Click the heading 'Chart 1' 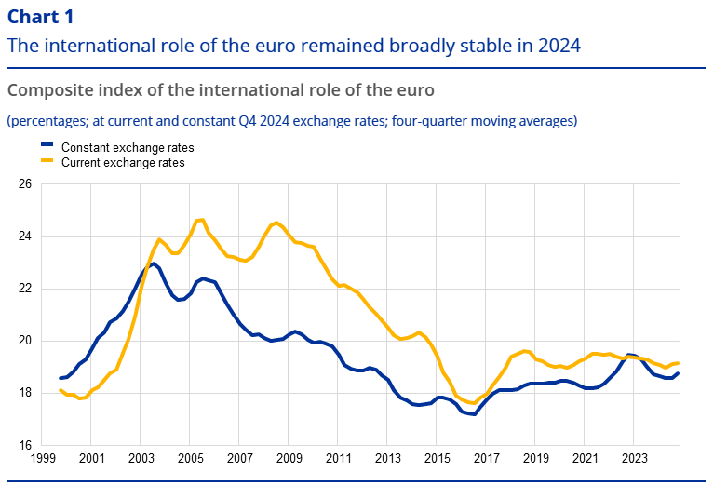[40, 17]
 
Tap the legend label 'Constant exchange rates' [128, 147]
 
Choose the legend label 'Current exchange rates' [123, 162]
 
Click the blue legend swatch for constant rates [47, 147]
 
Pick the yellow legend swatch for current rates [47, 162]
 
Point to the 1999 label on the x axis [43, 459]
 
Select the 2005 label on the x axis [190, 459]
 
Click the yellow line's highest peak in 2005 [201, 220]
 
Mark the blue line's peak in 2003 [154, 263]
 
